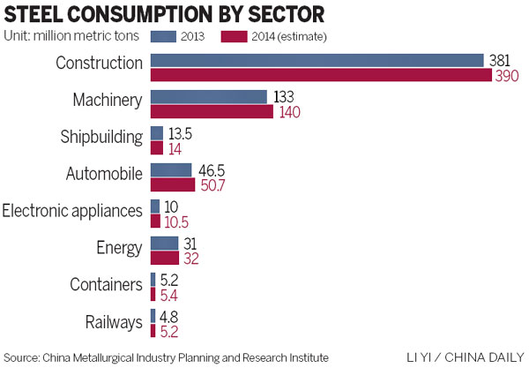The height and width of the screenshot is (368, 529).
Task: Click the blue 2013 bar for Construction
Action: [x=317, y=60]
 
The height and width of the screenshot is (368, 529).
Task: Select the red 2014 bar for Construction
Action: [x=321, y=76]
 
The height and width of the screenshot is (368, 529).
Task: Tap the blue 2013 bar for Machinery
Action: [x=208, y=97]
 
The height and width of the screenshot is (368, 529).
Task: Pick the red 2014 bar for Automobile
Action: [x=173, y=185]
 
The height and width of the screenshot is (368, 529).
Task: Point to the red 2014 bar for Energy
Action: [x=165, y=259]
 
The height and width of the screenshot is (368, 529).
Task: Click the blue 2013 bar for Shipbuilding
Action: [x=157, y=133]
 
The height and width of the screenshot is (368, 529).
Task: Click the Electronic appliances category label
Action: [x=72, y=211]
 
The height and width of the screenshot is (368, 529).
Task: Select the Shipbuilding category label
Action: [x=99, y=139]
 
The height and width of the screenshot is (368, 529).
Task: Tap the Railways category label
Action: [x=113, y=322]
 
